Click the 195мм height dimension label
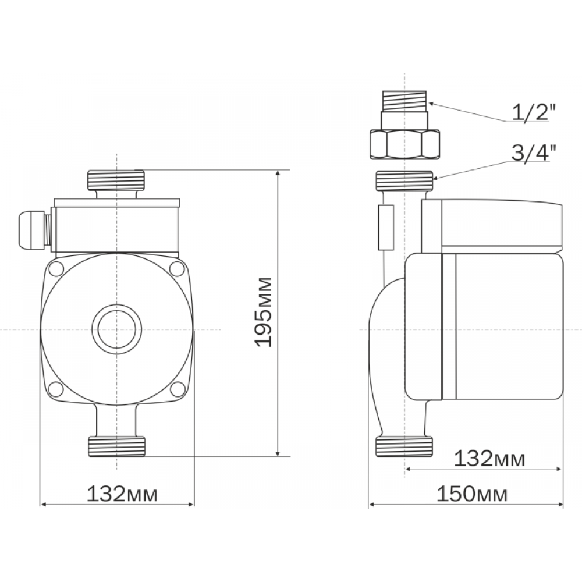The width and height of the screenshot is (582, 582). point(263,312)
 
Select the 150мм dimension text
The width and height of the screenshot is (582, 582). point(472,494)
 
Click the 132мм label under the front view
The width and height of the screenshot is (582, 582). point(122,494)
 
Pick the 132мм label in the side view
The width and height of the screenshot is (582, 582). point(489,459)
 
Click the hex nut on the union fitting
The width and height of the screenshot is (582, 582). point(404,144)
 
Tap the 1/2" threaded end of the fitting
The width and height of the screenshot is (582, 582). point(404,101)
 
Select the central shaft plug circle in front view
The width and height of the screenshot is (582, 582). point(117,329)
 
